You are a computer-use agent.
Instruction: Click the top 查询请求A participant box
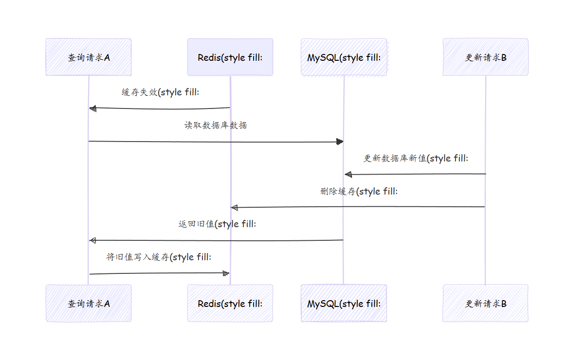point(89,57)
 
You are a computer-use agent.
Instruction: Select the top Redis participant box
point(230,57)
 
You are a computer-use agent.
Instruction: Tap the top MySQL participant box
point(344,57)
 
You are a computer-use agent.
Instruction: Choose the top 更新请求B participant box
point(485,57)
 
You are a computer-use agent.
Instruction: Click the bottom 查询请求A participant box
point(89,304)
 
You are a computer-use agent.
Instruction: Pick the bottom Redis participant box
point(230,304)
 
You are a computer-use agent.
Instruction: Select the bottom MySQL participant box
point(344,304)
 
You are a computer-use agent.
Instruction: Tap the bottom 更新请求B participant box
point(485,304)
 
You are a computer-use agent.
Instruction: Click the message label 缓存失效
point(160,92)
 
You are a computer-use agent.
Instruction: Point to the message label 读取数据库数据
point(216,125)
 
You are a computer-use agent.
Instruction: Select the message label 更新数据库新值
point(416,158)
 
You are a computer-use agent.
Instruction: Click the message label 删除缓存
point(359,191)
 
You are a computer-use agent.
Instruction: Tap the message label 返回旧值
point(217,224)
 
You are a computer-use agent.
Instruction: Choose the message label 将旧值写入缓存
point(159,257)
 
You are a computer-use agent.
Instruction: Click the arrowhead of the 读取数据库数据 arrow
point(340,142)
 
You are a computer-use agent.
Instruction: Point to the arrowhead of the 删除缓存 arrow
point(234,208)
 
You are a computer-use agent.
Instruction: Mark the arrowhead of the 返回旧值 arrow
point(92,240)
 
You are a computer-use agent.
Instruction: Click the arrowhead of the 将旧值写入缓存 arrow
point(226,273)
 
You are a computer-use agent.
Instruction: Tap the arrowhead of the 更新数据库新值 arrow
point(347,174)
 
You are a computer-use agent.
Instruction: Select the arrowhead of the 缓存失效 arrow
point(92,108)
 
